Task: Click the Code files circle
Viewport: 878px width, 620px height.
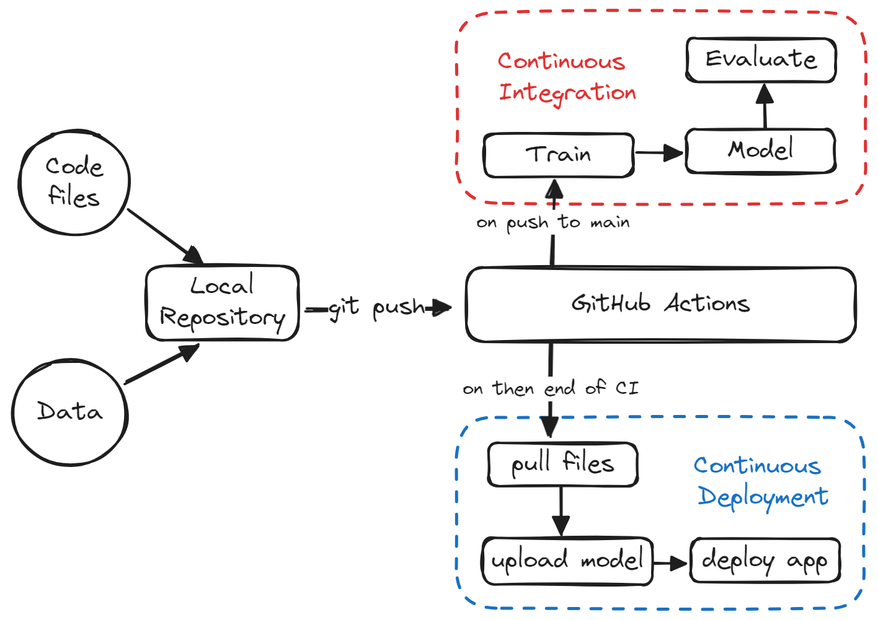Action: click(74, 182)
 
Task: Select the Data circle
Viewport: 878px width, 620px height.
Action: click(70, 412)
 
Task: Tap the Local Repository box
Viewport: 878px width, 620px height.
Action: click(223, 303)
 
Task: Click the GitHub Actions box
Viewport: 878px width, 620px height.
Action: click(660, 304)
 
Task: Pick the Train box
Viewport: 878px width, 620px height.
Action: click(559, 155)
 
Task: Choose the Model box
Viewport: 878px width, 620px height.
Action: click(760, 151)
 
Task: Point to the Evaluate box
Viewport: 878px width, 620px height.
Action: click(761, 59)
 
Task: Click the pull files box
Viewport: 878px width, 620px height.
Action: click(562, 464)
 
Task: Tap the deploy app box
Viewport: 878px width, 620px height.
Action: click(765, 561)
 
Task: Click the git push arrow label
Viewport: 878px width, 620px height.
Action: click(376, 307)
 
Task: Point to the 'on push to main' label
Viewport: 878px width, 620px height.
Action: click(553, 222)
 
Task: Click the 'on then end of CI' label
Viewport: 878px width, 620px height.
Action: click(551, 388)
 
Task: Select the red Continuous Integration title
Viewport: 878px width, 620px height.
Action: click(566, 77)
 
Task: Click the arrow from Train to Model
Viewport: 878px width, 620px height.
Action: click(659, 152)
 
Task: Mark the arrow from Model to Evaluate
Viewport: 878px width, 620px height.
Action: click(765, 106)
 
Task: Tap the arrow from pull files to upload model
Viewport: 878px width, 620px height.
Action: click(561, 512)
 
